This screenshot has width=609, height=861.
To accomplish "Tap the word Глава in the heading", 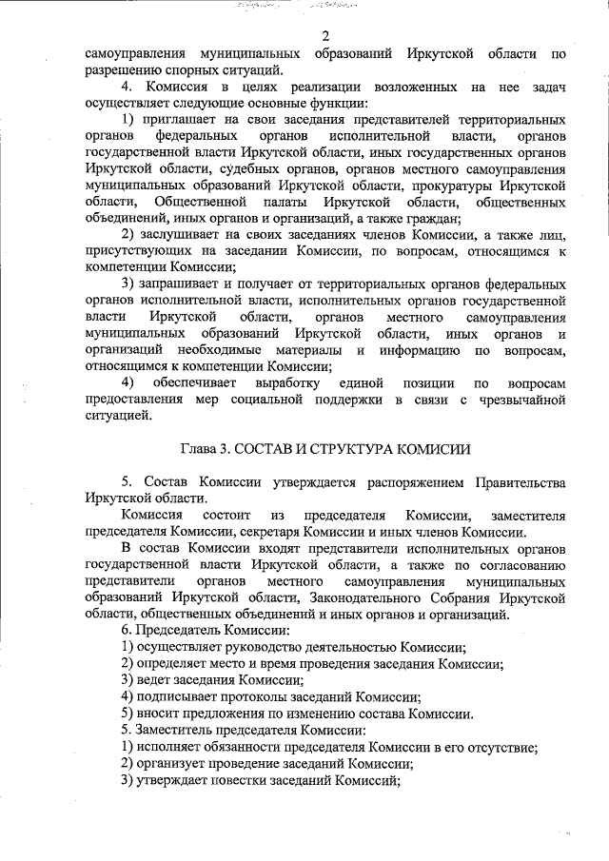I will pyautogui.click(x=198, y=449).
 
